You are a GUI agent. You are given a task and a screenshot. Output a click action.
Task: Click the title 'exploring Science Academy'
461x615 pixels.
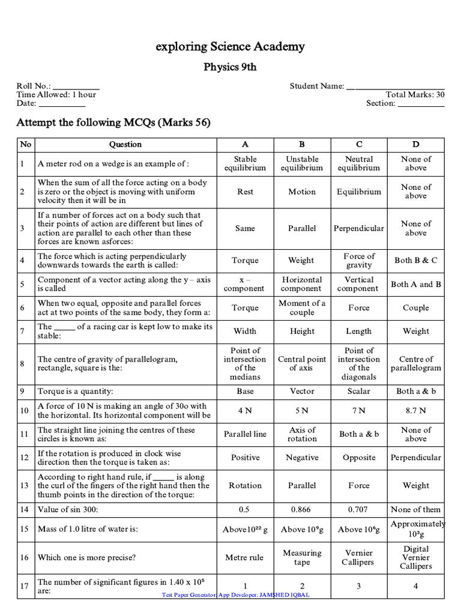click(x=230, y=46)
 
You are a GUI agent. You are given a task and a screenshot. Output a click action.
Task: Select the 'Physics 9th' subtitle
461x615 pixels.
click(x=230, y=67)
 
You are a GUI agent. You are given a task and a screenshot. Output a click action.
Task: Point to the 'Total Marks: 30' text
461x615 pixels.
click(x=415, y=94)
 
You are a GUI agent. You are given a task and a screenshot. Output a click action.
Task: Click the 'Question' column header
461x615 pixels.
click(x=125, y=144)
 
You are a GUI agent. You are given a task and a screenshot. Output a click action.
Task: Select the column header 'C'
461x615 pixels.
click(x=359, y=144)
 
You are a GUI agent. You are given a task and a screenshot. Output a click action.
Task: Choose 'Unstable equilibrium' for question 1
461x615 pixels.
click(x=302, y=163)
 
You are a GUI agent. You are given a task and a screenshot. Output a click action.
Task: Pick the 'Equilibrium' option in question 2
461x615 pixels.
click(x=359, y=192)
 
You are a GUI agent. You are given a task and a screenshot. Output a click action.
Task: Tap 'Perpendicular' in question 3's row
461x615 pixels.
click(x=359, y=228)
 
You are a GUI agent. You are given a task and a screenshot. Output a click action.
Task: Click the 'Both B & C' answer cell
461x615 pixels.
click(x=416, y=260)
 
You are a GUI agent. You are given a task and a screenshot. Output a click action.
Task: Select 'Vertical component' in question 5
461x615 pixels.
click(x=359, y=284)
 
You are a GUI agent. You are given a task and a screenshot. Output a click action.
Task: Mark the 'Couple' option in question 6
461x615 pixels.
click(x=416, y=307)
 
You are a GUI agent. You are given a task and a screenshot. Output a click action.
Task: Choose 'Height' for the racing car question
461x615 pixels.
click(x=302, y=331)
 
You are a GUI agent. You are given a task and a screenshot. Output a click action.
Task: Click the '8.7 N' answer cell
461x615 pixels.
click(x=416, y=411)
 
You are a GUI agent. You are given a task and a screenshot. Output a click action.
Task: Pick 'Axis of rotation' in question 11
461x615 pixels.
click(x=302, y=434)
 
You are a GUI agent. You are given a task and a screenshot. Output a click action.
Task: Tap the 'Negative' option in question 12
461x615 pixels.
click(x=302, y=458)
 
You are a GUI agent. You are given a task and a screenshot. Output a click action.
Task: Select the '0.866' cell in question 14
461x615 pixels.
click(x=302, y=509)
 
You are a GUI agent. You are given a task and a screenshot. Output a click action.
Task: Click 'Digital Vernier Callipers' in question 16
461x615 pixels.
click(x=416, y=557)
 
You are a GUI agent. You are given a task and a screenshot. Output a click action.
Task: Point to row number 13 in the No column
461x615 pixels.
click(x=25, y=485)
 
